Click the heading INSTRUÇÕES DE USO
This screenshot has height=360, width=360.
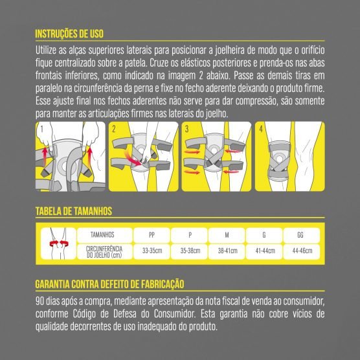(69, 34)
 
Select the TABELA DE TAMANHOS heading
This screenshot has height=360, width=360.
(74, 211)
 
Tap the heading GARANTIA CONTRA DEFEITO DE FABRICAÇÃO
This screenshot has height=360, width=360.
(109, 284)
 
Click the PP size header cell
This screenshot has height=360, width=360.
(152, 235)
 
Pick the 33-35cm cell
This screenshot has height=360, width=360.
(152, 251)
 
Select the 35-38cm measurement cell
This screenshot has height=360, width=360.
(190, 251)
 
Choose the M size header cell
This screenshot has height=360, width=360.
(227, 235)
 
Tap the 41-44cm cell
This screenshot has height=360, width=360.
(264, 251)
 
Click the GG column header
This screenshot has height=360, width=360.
(302, 235)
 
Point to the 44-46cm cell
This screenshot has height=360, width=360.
(302, 251)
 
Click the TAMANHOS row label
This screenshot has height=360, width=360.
(102, 235)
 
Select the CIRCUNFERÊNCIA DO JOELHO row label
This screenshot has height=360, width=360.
(104, 252)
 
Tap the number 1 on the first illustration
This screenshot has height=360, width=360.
(41, 129)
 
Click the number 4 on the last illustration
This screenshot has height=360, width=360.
(261, 129)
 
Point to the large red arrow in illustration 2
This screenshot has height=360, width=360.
(133, 158)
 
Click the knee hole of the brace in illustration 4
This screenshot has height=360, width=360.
(280, 159)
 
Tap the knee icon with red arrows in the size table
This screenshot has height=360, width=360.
(58, 243)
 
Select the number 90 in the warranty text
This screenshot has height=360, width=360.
(39, 301)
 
